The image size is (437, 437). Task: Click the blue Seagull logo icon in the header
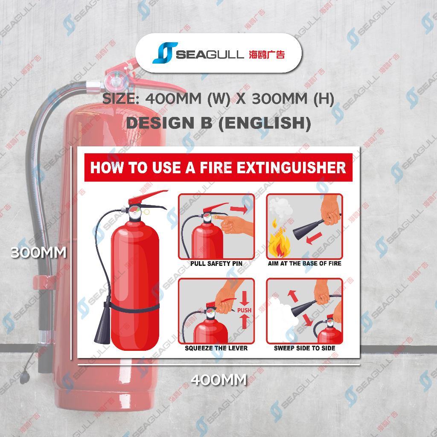(165, 52)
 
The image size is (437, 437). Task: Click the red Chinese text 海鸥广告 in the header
(267, 54)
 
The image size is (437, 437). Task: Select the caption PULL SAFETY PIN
(216, 263)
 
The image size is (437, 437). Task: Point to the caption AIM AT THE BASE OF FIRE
(304, 263)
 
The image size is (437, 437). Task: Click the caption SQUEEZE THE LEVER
(216, 348)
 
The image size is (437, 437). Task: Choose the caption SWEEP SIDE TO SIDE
(304, 348)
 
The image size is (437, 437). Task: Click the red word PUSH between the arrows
(244, 310)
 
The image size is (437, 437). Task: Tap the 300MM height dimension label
(38, 253)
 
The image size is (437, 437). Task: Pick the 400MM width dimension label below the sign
(219, 379)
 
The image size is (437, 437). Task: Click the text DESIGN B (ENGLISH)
(218, 123)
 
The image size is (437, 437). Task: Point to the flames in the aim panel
(279, 242)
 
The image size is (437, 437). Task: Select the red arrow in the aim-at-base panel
(314, 238)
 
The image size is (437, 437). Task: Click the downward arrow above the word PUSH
(244, 298)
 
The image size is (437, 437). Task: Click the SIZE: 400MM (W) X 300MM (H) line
(218, 99)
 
